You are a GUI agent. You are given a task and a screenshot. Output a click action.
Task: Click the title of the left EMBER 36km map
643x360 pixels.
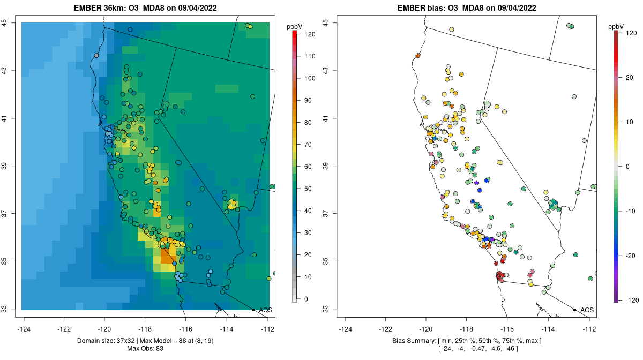(x=146, y=8)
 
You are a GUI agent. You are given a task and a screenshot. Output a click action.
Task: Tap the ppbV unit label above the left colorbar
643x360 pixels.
(x=295, y=26)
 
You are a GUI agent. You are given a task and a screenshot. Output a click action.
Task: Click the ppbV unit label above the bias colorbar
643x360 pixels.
(x=616, y=26)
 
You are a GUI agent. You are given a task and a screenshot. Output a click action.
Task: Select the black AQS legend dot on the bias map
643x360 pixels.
(x=574, y=310)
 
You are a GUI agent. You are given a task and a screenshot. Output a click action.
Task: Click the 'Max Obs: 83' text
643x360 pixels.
(x=146, y=349)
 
